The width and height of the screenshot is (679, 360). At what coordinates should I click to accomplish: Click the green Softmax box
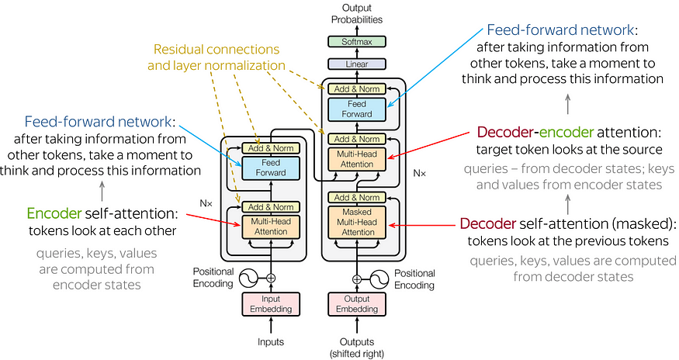357,41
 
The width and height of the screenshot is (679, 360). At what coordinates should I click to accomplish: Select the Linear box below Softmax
357,65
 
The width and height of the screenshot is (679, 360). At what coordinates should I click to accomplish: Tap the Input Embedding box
271,304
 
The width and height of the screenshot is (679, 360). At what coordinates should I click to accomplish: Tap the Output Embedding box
357,304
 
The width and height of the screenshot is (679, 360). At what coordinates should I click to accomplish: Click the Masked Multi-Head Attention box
357,221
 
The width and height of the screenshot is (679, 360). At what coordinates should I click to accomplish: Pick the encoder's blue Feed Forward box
271,168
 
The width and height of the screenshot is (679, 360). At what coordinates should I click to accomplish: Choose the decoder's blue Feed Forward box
357,108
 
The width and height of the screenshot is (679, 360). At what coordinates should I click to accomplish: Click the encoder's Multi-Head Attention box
271,227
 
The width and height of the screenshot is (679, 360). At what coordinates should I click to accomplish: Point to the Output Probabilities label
357,13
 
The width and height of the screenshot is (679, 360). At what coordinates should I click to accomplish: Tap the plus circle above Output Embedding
357,278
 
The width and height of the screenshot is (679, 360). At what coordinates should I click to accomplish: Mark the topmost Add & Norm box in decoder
357,88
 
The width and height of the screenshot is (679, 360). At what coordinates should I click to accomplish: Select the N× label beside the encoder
206,203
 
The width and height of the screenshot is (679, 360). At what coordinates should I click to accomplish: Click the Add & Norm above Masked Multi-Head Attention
357,197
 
